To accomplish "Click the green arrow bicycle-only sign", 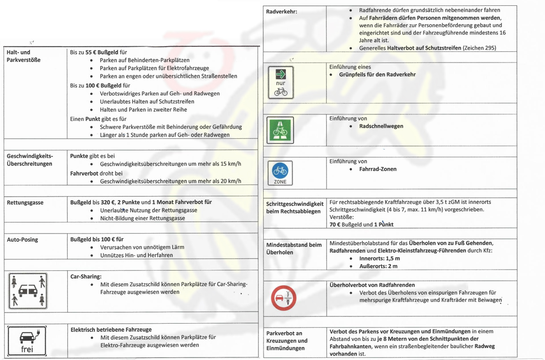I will coord(281,82).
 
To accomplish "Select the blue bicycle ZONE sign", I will coord(280,173).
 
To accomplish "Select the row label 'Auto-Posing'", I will coord(23,239).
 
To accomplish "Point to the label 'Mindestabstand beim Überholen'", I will coord(294,249).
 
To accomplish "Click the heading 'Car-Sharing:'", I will coord(86,276).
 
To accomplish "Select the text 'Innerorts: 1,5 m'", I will coord(379,258).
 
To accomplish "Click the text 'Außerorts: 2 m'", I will coord(378,266).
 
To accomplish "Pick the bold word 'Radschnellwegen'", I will coord(381,126).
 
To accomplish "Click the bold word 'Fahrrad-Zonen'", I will coord(378,169).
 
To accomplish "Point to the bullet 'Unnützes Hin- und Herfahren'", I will coord(136,255).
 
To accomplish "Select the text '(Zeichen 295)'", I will coord(479,48).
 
